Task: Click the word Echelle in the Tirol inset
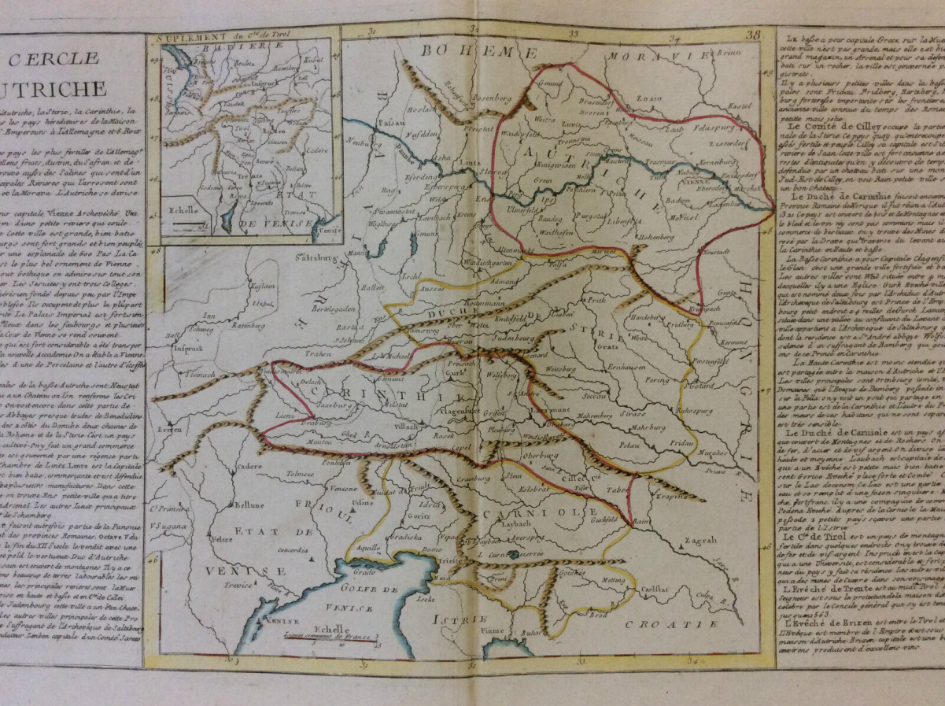pyautogui.click(x=183, y=209)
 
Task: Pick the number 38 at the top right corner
pyautogui.click(x=754, y=35)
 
